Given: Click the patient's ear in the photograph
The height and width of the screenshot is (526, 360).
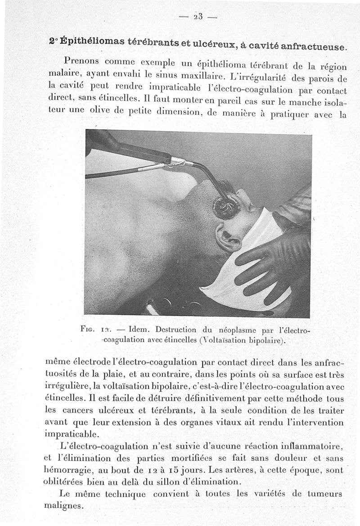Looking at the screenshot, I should [227, 237].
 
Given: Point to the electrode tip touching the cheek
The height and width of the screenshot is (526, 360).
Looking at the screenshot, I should [225, 205].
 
